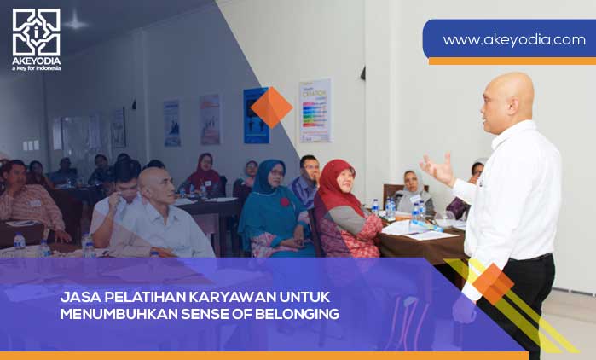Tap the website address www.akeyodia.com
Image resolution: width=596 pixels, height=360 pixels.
(513, 39)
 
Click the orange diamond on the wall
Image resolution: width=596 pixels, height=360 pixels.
(271, 107)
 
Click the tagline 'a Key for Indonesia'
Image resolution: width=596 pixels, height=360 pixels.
(36, 67)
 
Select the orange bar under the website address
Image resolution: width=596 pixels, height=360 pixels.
(512, 61)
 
